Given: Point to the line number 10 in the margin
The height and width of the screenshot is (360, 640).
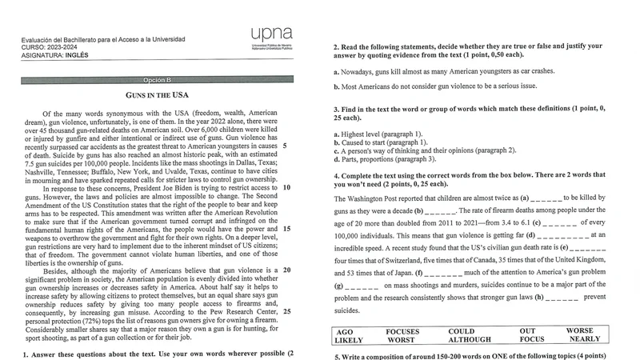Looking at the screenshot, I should [x=287, y=188].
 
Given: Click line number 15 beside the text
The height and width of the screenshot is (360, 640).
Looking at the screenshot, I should [x=287, y=229].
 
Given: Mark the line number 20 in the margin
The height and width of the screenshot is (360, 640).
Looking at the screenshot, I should [x=287, y=270].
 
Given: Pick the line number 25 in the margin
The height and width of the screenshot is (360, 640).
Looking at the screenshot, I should [x=287, y=311].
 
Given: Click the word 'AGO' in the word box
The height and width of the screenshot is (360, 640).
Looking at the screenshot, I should [x=345, y=330].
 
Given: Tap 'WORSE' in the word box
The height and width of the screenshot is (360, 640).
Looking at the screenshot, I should [x=580, y=330].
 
